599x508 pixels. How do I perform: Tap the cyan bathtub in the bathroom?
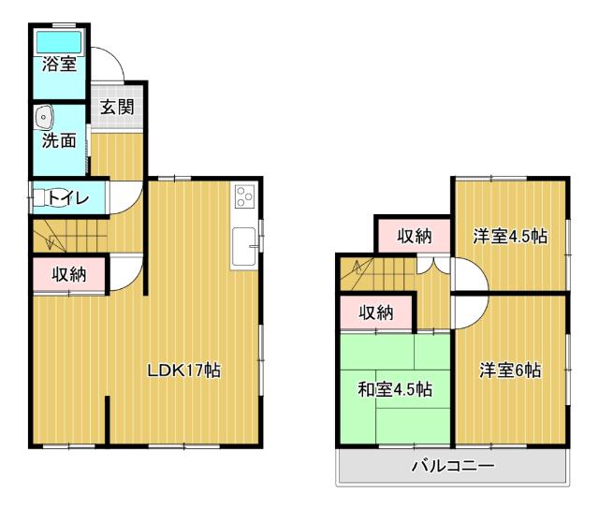(59, 42)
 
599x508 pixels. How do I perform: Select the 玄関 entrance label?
(118, 107)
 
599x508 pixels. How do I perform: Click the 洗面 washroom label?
(58, 141)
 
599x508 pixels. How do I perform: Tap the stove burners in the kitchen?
(244, 196)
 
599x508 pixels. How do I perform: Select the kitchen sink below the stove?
(245, 246)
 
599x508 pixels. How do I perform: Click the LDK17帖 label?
(183, 370)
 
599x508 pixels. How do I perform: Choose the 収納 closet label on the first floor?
(69, 274)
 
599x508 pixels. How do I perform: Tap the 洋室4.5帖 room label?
(510, 236)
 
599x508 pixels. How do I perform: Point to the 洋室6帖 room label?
(511, 370)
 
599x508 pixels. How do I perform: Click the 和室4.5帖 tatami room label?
(394, 387)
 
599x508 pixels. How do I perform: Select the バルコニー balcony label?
(453, 465)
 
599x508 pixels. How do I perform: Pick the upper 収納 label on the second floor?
(413, 236)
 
